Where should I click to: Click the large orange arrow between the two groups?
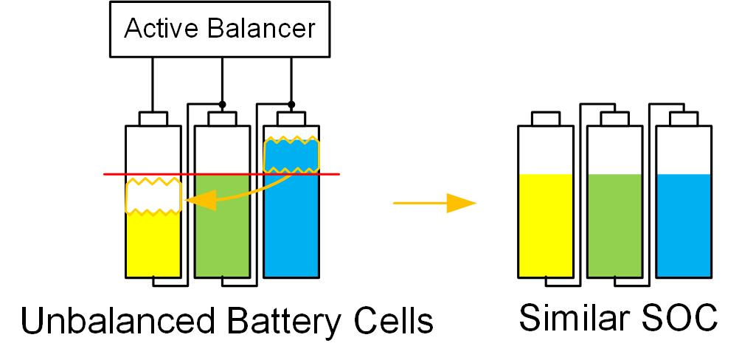pyautogui.click(x=435, y=202)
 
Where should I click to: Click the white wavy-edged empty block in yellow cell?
pyautogui.click(x=153, y=195)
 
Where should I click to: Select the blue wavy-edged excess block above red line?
pyautogui.click(x=292, y=155)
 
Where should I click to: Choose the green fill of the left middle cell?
pyautogui.click(x=223, y=225)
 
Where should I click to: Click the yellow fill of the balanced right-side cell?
pyautogui.click(x=546, y=225)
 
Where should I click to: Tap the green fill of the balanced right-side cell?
pyautogui.click(x=614, y=225)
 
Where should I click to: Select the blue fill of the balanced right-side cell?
pyautogui.click(x=684, y=225)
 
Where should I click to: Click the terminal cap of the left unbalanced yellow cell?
pyautogui.click(x=153, y=118)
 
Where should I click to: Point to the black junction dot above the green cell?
pyautogui.click(x=223, y=103)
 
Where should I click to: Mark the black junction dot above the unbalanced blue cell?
pyautogui.click(x=292, y=103)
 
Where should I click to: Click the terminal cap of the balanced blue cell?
pyautogui.click(x=684, y=118)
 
